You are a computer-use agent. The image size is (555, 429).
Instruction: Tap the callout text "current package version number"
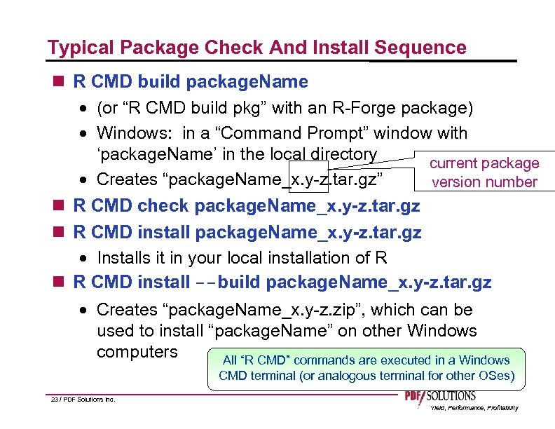[484, 172]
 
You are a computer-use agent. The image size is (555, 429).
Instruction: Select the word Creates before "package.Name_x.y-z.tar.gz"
[128, 179]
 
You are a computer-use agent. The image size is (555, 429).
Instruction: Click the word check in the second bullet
[165, 205]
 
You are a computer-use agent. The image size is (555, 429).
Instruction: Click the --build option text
[226, 282]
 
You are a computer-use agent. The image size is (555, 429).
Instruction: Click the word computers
[137, 351]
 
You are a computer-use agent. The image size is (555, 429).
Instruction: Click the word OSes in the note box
[498, 375]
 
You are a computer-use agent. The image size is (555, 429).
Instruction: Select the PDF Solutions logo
[440, 397]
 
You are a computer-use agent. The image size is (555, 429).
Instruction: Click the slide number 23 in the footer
[55, 400]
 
